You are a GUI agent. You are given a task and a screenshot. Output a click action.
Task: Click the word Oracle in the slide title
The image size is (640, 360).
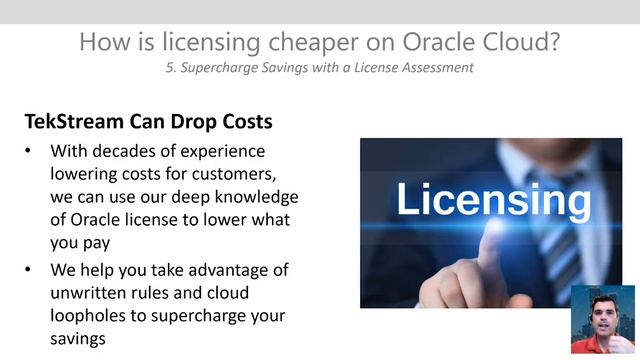386,43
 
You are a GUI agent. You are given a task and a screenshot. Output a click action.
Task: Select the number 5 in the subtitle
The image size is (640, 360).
169,68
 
